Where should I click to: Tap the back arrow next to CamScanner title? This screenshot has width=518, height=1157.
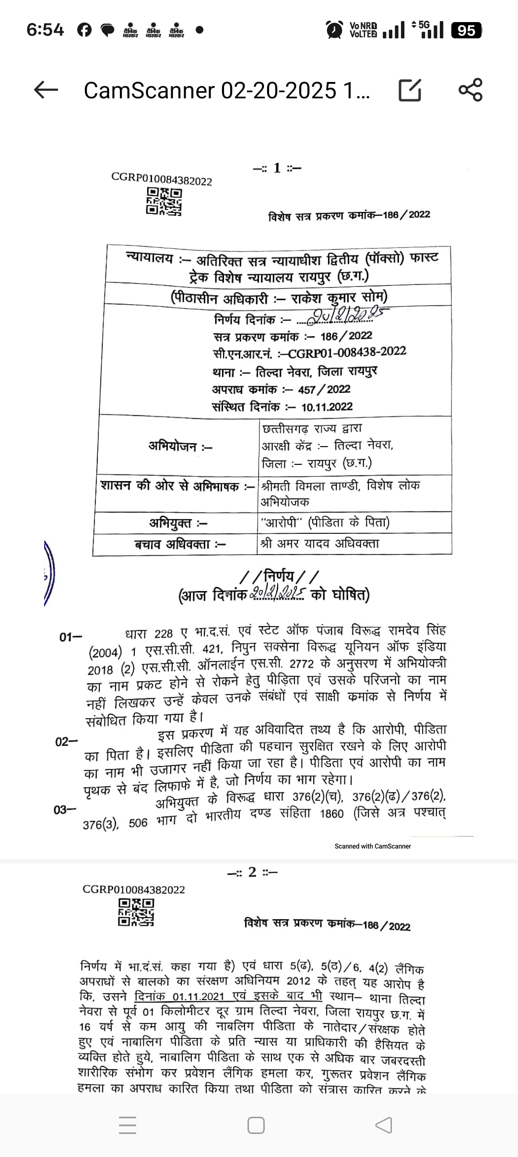(46, 90)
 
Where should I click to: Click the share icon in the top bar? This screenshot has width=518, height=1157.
(470, 90)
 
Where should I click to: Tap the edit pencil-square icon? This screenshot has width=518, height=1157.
(410, 90)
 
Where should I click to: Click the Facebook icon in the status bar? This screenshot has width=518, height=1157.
(84, 30)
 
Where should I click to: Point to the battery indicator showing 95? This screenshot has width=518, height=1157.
(466, 31)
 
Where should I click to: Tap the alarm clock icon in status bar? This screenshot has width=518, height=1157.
(334, 30)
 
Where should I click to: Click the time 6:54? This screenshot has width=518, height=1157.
(45, 30)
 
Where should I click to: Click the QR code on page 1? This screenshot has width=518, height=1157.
(164, 201)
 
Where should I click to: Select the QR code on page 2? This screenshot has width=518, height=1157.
(136, 911)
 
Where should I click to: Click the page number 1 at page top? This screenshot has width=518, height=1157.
(277, 168)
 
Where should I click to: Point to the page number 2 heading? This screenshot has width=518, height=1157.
(252, 872)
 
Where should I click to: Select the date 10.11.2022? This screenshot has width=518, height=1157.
(327, 407)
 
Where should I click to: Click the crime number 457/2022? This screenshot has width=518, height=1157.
(324, 390)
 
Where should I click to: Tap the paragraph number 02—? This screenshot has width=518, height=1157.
(66, 742)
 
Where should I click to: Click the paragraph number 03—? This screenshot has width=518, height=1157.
(65, 810)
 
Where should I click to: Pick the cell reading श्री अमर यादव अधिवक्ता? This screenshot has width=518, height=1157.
(320, 543)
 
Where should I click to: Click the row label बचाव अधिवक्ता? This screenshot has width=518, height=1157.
(180, 544)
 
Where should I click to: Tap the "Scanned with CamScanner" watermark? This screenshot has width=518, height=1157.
(373, 846)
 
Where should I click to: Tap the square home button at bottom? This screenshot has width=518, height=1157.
(256, 1125)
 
